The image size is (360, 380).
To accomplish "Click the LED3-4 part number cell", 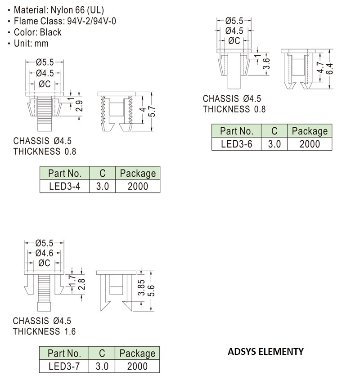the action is point(64,186).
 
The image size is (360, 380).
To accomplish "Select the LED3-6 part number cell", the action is point(237,144).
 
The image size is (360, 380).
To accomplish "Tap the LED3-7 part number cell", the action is point(64,366).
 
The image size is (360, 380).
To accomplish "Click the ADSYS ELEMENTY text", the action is point(265,351).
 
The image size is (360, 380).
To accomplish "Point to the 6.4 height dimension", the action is point(329,69).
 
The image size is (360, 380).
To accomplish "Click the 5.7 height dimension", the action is point(152,112).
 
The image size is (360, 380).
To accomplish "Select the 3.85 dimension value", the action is point(141,288).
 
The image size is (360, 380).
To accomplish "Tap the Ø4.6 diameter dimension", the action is point(44,253).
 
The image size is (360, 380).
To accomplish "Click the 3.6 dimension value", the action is point(266,64).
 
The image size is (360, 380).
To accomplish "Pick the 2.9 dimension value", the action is point(79,106).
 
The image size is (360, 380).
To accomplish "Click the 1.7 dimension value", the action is point(72,281).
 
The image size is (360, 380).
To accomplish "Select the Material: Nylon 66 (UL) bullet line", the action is point(56,10).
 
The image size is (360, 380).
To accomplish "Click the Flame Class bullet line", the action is point(62,21).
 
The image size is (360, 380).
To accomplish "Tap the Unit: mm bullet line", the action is point(28,43).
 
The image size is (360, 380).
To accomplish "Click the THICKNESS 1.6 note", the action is point(44,331).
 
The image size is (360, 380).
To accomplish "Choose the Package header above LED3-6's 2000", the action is point(310,131).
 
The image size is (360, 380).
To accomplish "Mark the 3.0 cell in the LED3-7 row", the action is point(102,366).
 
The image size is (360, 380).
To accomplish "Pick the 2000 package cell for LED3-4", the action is point(138,186).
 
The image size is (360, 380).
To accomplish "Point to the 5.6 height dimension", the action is point(151,291).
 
